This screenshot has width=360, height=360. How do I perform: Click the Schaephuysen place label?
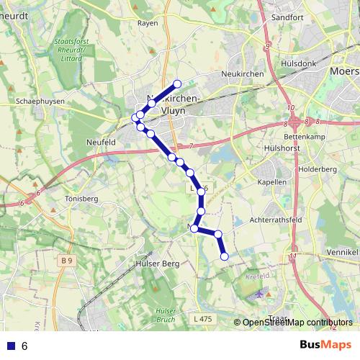click(x=41, y=102)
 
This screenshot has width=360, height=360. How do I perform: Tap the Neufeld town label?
click(x=100, y=143)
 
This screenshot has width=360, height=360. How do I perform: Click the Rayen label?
click(x=147, y=22)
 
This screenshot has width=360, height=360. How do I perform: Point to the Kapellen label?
click(x=272, y=182)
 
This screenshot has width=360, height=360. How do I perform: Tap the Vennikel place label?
click(x=342, y=253)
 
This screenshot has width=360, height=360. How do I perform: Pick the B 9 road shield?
click(x=67, y=260)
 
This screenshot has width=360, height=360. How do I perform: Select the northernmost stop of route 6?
click(x=177, y=83)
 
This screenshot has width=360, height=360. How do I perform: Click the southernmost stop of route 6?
click(x=224, y=256)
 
